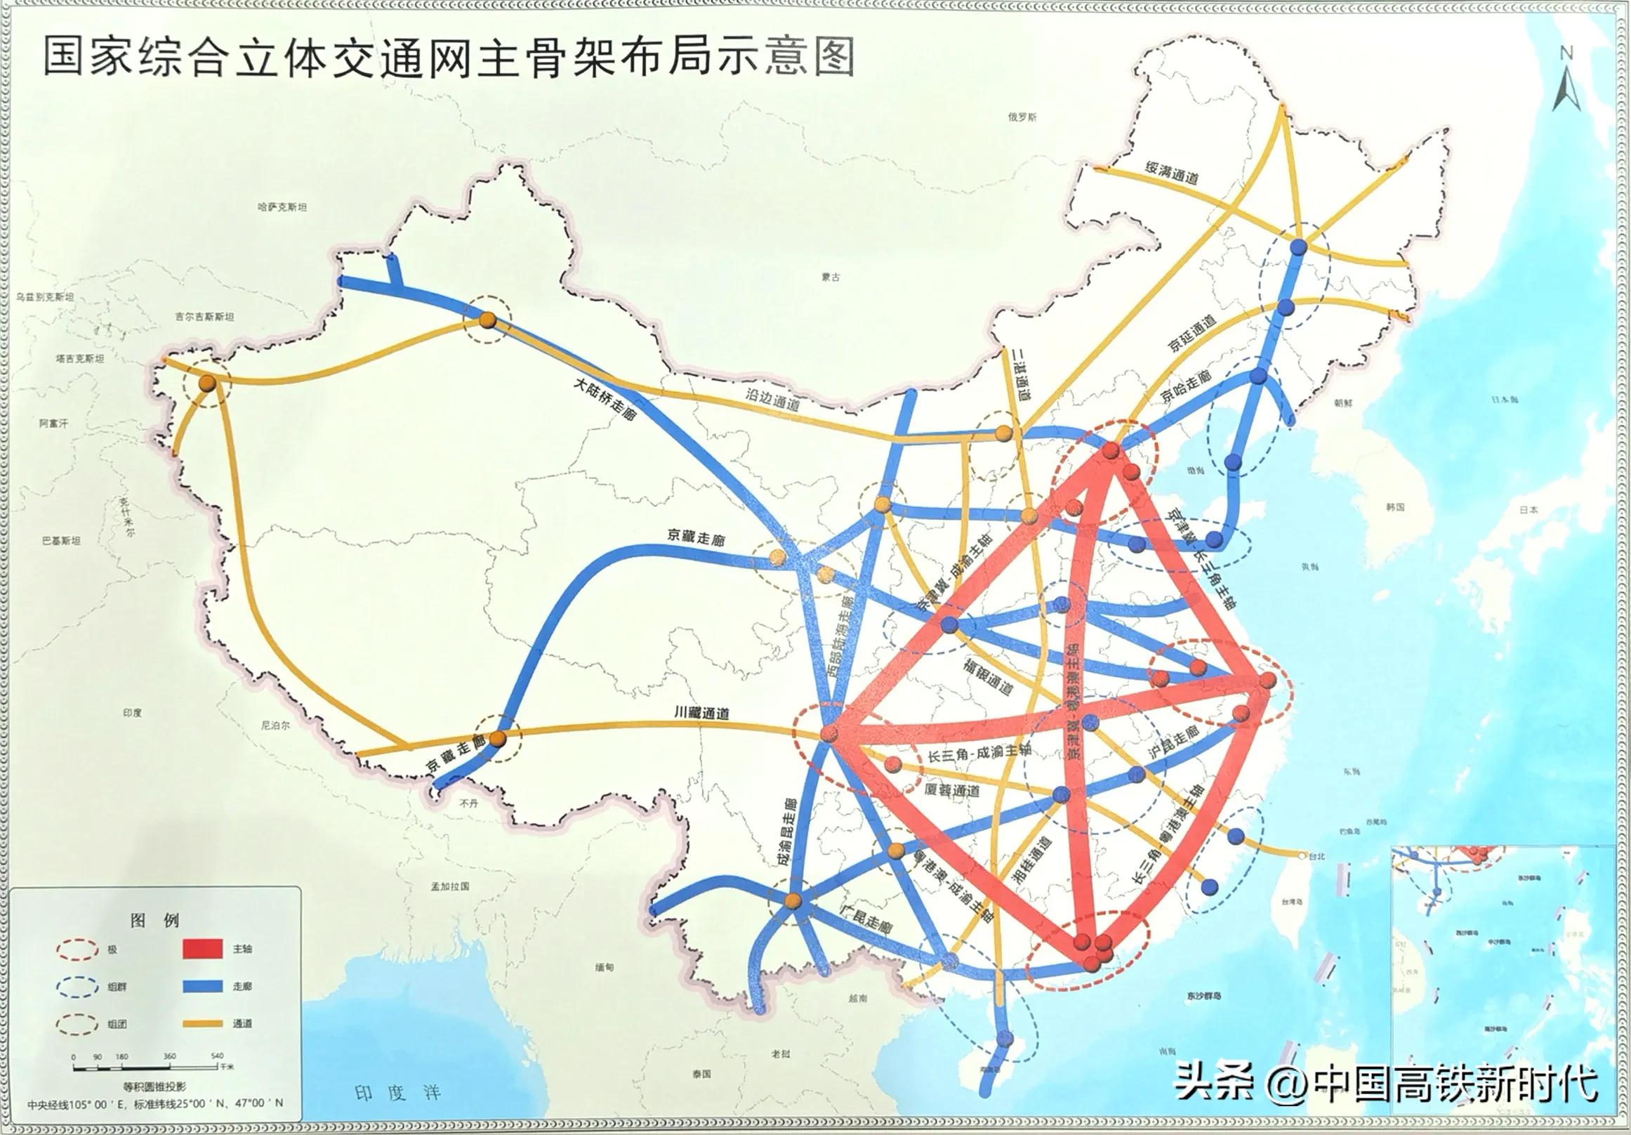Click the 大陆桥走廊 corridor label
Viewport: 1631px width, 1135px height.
point(605,399)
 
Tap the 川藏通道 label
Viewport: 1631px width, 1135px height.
point(702,713)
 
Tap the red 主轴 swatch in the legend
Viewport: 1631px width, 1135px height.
point(202,949)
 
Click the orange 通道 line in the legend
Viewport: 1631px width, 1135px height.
point(202,1023)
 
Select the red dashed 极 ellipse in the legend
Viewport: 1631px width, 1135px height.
point(78,949)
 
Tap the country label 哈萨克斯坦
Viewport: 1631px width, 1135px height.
point(282,207)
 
